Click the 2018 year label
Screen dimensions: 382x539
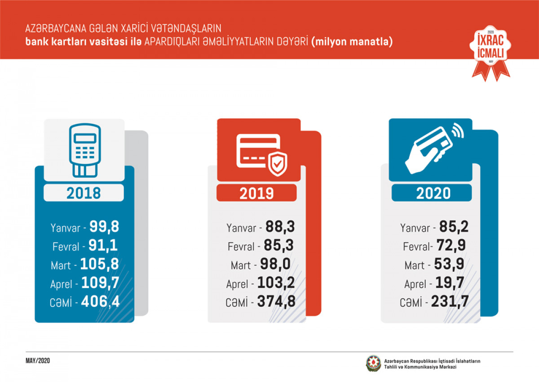[x=84, y=193]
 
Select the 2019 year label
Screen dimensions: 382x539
[x=256, y=193]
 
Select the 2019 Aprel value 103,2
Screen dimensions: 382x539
[x=276, y=283]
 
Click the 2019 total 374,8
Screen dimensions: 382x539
[x=276, y=302]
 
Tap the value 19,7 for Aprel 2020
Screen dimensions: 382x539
[x=447, y=283]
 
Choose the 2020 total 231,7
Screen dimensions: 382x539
[x=451, y=302]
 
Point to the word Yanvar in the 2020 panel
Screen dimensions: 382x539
[x=415, y=228]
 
